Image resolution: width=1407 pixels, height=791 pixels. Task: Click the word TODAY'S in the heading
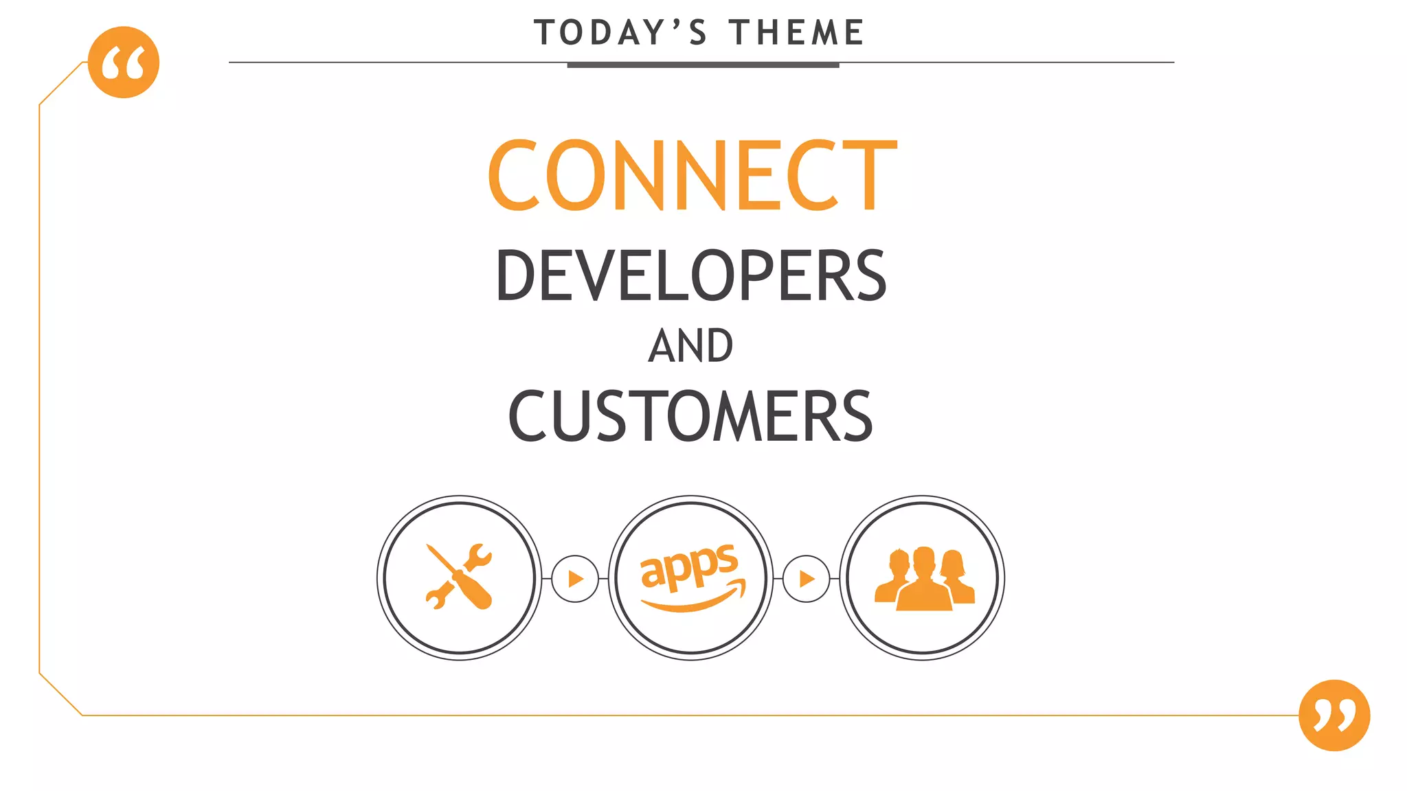point(620,33)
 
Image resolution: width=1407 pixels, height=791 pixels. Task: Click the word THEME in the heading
point(796,33)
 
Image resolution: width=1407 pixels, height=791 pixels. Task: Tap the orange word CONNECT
point(693,175)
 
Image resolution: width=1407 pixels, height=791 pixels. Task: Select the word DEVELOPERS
point(691,276)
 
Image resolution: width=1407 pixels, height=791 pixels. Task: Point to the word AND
point(691,346)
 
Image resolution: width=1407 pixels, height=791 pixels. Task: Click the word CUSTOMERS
point(690,416)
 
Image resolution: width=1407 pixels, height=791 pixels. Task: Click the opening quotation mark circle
point(124,62)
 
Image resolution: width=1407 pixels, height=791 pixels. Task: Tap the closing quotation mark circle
point(1334,715)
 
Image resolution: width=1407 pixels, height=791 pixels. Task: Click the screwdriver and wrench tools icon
point(459,577)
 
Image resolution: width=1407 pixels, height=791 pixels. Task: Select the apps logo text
point(689,566)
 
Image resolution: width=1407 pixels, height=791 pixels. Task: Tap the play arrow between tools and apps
point(575,579)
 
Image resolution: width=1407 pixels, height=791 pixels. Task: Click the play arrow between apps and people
point(807,579)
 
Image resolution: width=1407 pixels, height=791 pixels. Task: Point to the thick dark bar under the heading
point(703,65)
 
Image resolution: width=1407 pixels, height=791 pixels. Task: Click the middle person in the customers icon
point(924,580)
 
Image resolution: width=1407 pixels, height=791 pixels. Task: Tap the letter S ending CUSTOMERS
point(857,416)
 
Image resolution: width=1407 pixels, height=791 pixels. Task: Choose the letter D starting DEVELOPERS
point(513,276)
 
